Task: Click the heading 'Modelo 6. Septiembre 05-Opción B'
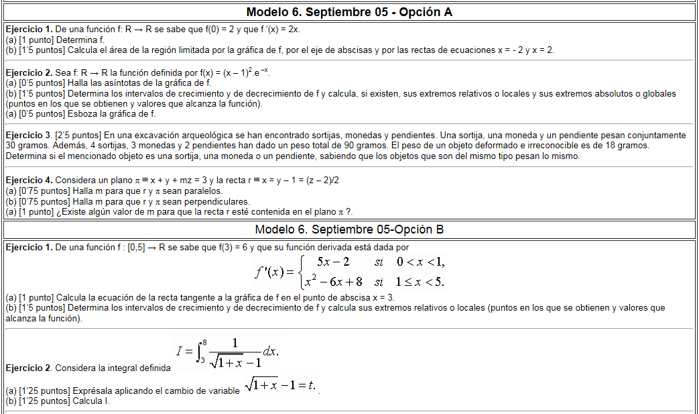click(349, 229)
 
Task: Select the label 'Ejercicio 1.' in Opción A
click(29, 30)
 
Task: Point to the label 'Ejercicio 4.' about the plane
click(29, 180)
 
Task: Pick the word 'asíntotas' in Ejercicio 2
click(109, 83)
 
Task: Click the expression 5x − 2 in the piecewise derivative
click(333, 261)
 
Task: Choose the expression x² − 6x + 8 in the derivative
click(333, 281)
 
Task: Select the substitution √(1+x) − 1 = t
click(279, 385)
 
